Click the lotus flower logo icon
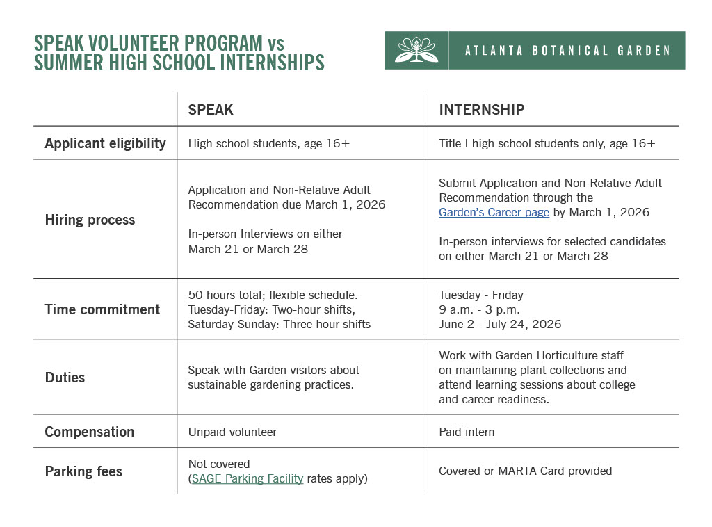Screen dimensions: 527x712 416,50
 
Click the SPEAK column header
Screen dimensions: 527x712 211,110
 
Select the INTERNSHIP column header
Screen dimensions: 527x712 481,110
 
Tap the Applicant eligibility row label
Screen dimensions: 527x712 105,143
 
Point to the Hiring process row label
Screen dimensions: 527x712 90,220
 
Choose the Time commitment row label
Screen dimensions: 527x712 102,309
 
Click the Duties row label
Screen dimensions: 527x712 65,378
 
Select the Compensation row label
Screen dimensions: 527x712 89,432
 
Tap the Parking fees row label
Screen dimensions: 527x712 83,471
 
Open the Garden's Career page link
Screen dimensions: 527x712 494,213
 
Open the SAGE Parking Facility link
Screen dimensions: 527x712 248,478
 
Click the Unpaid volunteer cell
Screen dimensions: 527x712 232,432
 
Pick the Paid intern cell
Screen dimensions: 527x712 467,432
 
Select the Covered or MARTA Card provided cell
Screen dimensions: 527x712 525,471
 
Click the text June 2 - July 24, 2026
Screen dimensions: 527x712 500,324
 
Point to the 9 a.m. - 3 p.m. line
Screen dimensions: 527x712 479,309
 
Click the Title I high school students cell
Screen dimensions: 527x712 547,144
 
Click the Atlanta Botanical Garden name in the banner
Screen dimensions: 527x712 567,51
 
